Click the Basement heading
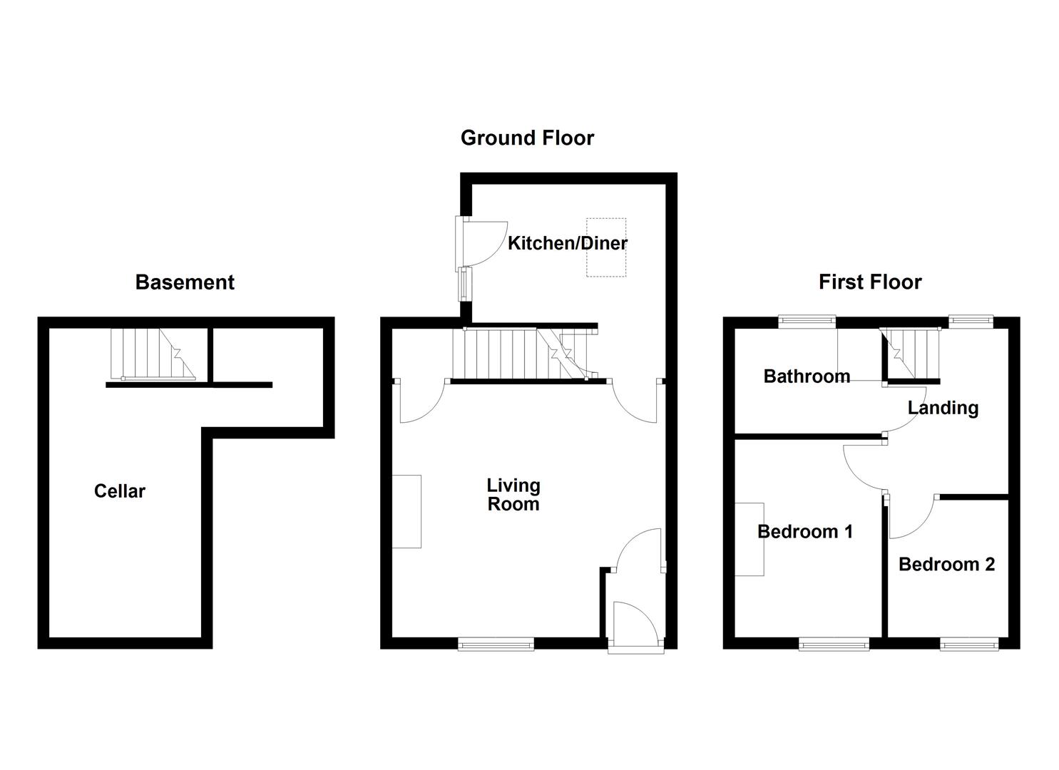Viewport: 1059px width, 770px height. pyautogui.click(x=185, y=282)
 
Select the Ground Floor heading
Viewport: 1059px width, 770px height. pyautogui.click(x=527, y=138)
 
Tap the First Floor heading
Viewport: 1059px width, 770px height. pyautogui.click(x=870, y=282)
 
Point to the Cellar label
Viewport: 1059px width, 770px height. pyautogui.click(x=120, y=491)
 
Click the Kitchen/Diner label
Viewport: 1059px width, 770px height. pyautogui.click(x=568, y=243)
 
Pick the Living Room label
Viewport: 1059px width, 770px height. pyautogui.click(x=513, y=495)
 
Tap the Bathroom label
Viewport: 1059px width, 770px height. pyautogui.click(x=807, y=376)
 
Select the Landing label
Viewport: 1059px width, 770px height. pyautogui.click(x=943, y=408)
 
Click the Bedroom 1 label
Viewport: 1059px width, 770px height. pyautogui.click(x=805, y=532)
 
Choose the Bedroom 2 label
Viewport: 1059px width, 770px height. pyautogui.click(x=946, y=565)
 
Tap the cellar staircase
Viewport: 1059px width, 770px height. pyautogui.click(x=153, y=354)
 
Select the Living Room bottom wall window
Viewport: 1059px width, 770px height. pyautogui.click(x=496, y=645)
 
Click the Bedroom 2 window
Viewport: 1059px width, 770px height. pyautogui.click(x=970, y=645)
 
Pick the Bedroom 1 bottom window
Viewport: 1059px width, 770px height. pyautogui.click(x=834, y=645)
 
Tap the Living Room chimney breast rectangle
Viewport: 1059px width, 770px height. pyautogui.click(x=406, y=511)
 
